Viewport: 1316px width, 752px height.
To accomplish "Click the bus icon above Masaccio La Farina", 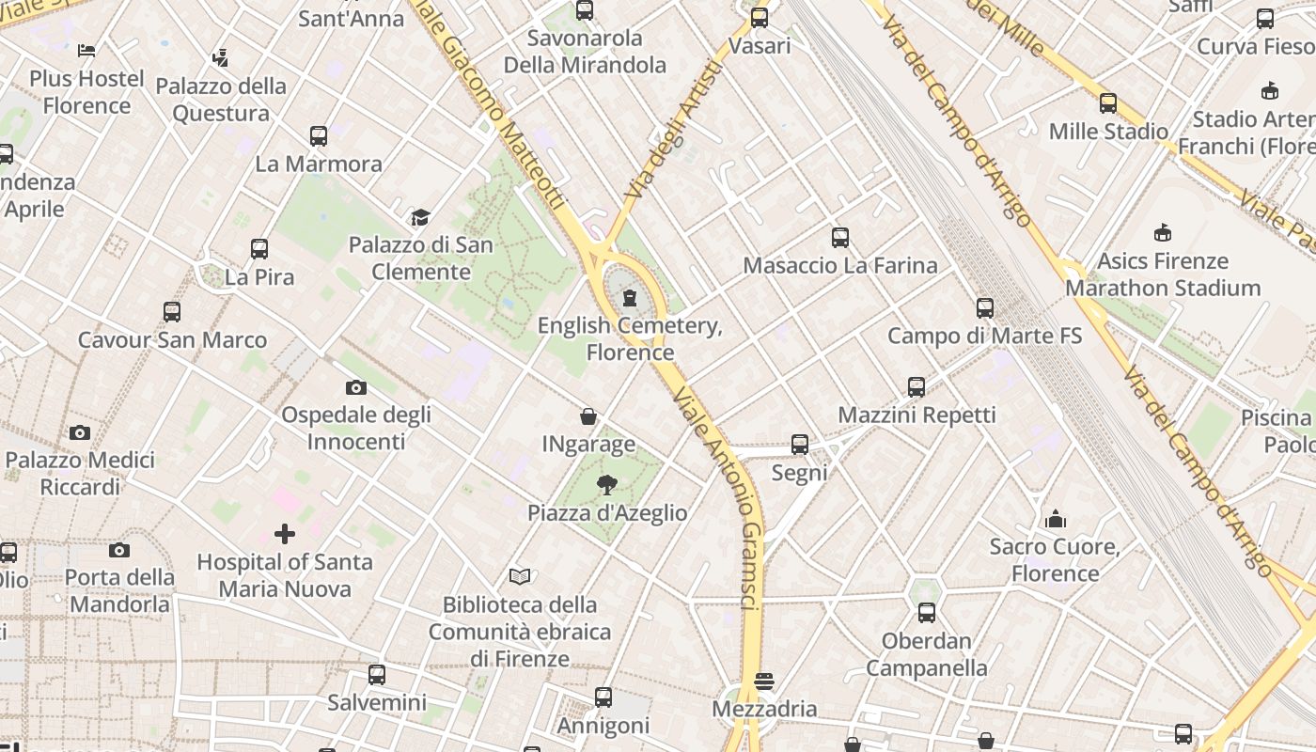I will tap(840, 238).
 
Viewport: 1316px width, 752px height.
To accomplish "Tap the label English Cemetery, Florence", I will tap(630, 339).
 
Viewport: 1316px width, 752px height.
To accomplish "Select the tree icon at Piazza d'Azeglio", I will tap(607, 485).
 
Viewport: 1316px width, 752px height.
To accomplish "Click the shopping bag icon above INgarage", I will tap(588, 416).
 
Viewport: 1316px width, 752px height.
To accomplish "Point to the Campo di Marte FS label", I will tap(984, 336).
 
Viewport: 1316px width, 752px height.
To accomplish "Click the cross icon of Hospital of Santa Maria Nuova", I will tap(285, 535).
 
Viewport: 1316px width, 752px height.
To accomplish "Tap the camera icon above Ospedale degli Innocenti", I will tap(355, 387).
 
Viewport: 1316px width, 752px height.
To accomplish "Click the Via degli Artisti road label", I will tap(673, 130).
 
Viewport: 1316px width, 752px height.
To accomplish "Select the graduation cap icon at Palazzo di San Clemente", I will tap(420, 218).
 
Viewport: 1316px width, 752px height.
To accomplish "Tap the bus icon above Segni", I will tap(800, 445).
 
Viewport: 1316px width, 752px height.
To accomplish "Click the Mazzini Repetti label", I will tap(916, 415).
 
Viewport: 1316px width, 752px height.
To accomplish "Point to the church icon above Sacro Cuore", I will tap(1056, 519).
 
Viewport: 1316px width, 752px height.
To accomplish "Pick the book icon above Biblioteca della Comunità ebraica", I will tap(520, 576).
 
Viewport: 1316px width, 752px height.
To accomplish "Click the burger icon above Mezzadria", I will tap(765, 681).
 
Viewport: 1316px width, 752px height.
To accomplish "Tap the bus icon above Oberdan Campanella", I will tap(927, 613).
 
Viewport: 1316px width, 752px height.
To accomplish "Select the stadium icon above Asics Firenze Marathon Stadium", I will tap(1163, 233).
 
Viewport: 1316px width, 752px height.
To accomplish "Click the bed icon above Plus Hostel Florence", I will tap(86, 51).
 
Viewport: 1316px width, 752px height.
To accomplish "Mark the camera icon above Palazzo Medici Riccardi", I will tap(80, 432).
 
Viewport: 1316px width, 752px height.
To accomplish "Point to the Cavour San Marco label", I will tap(172, 339).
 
